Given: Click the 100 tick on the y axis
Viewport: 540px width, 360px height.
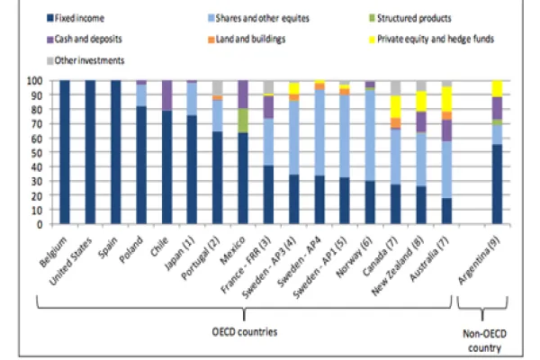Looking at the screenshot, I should [x=37, y=80].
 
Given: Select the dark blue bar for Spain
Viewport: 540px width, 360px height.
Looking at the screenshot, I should [x=115, y=152].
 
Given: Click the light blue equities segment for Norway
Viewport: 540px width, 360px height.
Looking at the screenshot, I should [x=371, y=135].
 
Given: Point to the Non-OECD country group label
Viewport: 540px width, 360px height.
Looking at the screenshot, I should [x=494, y=337].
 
